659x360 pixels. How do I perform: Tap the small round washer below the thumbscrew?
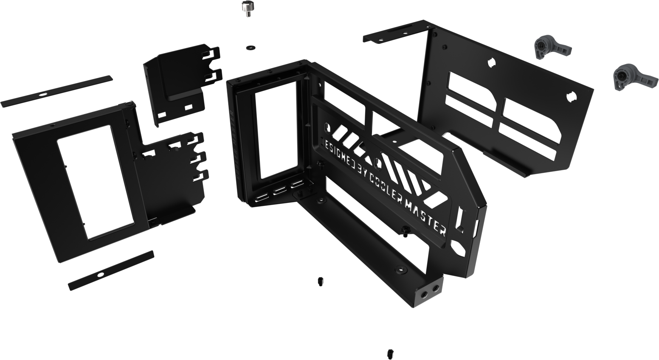pyautogui.click(x=249, y=47)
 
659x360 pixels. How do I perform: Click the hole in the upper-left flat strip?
pyautogui.click(x=41, y=93)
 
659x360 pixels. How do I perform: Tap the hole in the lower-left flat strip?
pyautogui.click(x=100, y=275)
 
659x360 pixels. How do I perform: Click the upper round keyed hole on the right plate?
pyautogui.click(x=491, y=62)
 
